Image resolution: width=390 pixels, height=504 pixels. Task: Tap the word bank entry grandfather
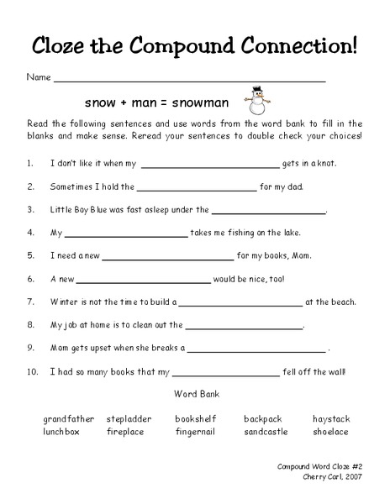(69, 418)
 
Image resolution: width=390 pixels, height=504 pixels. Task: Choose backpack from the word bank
(263, 418)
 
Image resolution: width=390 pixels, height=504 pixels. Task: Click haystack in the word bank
(331, 418)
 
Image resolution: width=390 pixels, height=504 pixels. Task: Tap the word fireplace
(125, 432)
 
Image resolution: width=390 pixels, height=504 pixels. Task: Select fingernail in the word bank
(196, 432)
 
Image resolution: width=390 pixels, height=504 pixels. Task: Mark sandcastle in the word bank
(266, 432)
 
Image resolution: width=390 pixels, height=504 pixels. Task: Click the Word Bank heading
(195, 393)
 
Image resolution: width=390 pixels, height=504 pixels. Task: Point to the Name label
(39, 77)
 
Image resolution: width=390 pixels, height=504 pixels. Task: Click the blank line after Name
(189, 81)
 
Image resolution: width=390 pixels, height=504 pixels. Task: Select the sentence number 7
(30, 302)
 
